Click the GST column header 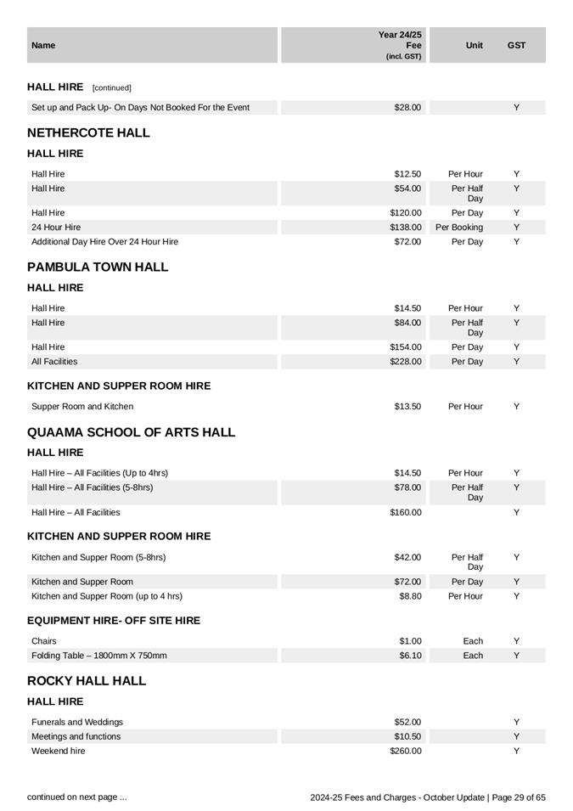pos(516,45)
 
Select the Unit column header pos(474,45)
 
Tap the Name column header pos(43,45)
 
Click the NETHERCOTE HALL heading pos(88,132)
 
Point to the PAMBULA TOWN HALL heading pos(98,267)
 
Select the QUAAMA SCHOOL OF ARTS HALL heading pos(131,432)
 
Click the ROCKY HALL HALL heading pos(87,681)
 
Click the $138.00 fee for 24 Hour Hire pos(406,228)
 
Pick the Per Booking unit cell pos(459,228)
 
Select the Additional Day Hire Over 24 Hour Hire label pos(104,242)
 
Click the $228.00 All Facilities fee pos(406,362)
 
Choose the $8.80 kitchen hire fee pos(409,596)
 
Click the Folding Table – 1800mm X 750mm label pos(99,656)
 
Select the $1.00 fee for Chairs pos(410,641)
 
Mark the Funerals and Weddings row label pos(77,722)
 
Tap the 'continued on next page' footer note pos(77,797)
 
